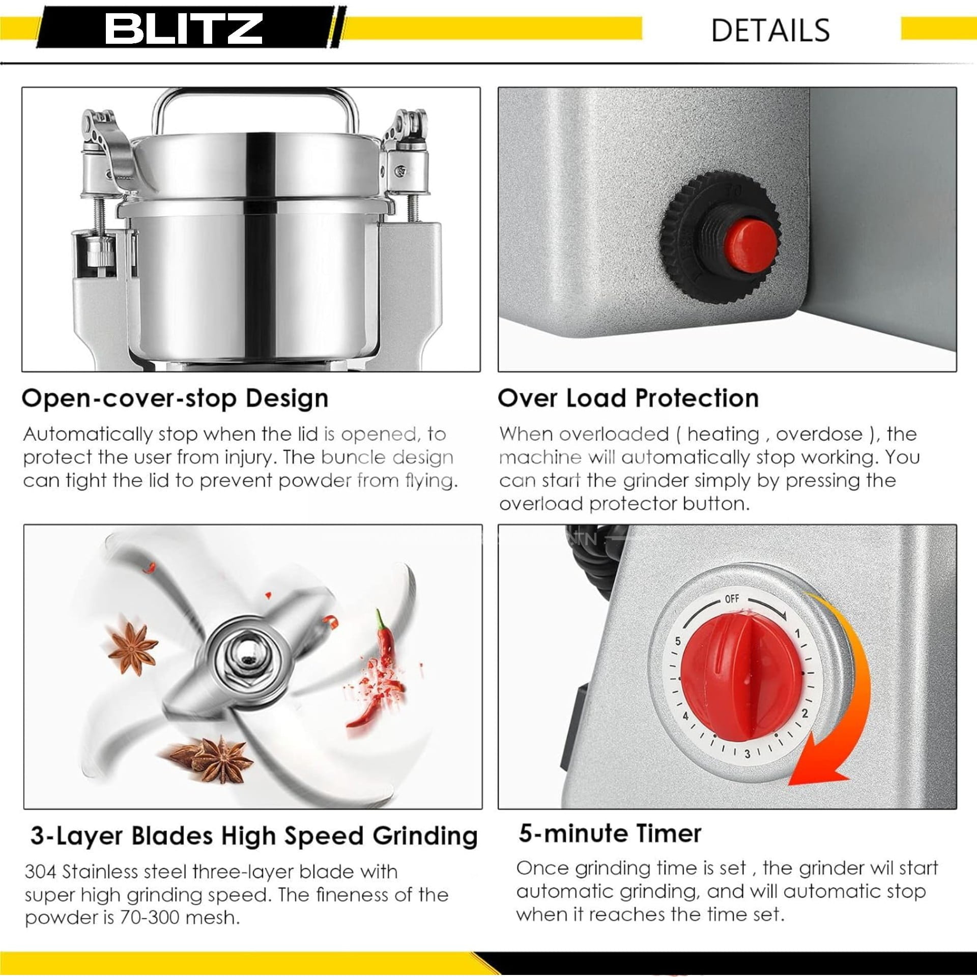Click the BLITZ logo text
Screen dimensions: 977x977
184,28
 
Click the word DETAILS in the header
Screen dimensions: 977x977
770,31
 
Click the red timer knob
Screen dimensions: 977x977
741,680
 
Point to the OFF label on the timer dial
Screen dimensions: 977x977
732,599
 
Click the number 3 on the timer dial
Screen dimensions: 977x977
747,754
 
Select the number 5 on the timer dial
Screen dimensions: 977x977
678,641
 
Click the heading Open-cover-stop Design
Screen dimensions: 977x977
175,398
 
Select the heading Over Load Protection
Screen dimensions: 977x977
628,398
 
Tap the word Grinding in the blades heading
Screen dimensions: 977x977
425,836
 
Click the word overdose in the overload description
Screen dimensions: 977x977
819,434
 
